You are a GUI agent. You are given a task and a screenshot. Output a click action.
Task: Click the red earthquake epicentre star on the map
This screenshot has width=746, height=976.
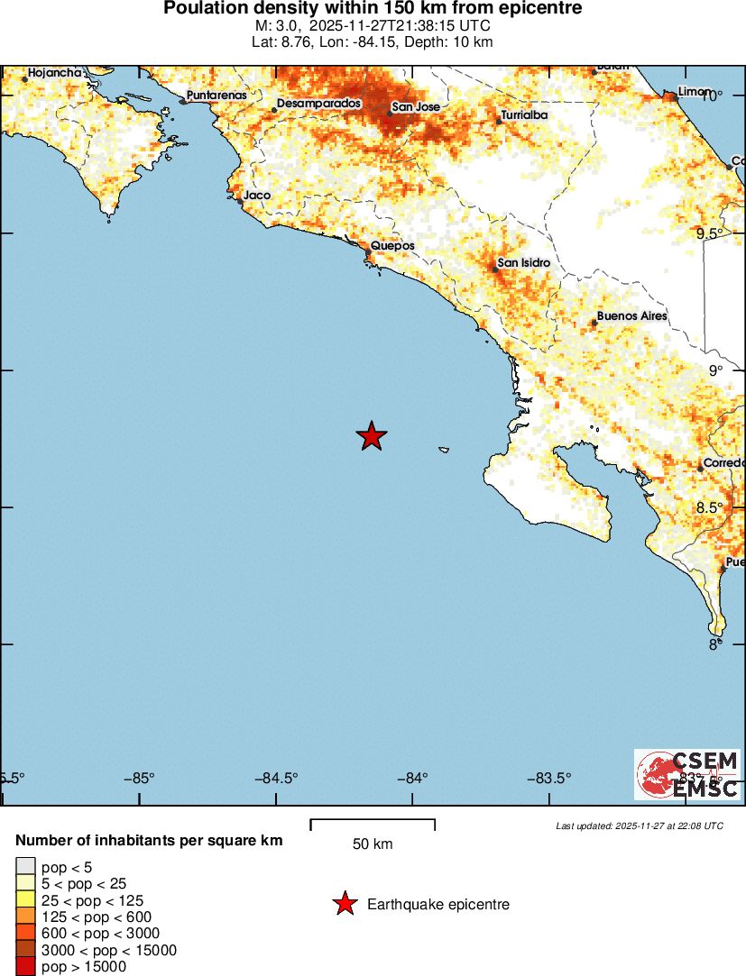371,436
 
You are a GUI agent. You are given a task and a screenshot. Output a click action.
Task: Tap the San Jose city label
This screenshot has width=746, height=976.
415,107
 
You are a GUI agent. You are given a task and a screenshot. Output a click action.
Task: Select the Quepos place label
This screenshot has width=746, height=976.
392,245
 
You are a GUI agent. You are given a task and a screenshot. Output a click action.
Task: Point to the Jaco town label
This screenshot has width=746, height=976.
257,195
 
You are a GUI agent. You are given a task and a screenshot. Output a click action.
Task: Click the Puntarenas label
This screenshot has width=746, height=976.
216,95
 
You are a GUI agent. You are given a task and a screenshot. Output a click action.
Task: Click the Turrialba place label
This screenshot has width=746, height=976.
524,115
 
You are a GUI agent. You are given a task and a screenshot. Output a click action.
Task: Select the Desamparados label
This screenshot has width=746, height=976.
318,104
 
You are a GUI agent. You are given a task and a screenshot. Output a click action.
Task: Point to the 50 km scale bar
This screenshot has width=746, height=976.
373,824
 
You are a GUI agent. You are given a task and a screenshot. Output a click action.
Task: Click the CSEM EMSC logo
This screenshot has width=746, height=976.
688,774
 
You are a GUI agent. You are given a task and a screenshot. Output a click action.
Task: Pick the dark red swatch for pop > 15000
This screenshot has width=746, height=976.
25,967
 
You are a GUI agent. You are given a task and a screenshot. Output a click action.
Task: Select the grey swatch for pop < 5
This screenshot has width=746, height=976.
25,868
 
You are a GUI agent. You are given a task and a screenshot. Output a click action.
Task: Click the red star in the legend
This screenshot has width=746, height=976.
344,904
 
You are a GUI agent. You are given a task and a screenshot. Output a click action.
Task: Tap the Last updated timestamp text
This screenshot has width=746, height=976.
639,825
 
